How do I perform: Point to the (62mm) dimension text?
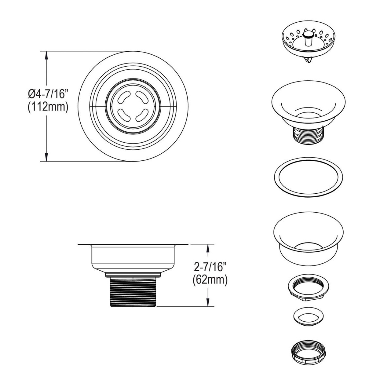[x=210, y=280]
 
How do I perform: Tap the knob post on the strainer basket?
[x=308, y=38]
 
